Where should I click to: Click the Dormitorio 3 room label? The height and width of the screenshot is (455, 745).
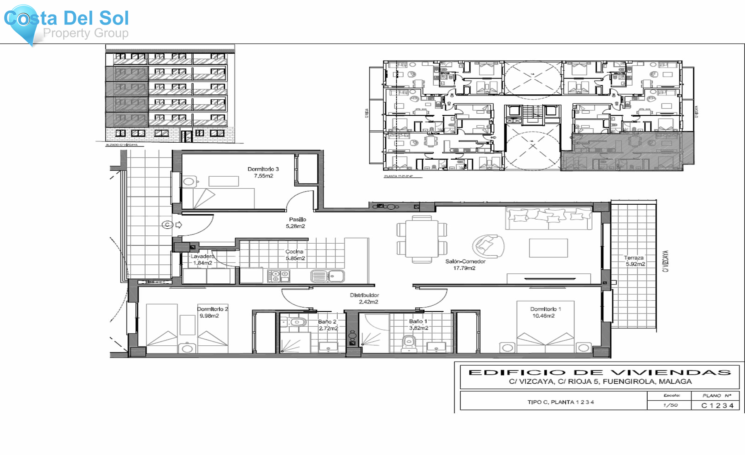coord(263,169)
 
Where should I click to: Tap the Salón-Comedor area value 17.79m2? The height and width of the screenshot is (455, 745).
coord(464,268)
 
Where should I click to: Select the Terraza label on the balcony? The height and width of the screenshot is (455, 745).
coord(634,258)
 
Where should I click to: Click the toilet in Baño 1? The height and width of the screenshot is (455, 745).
coord(409,343)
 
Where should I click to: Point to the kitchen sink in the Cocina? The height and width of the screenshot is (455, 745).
coord(327,276)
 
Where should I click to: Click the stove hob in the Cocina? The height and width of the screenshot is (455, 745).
coord(279,276)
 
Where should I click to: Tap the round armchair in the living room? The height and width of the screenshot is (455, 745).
coord(489,246)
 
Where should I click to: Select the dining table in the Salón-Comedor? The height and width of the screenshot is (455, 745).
coord(422,239)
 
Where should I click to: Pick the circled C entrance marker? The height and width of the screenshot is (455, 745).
coord(167,225)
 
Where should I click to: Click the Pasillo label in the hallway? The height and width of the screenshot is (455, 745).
coord(297,220)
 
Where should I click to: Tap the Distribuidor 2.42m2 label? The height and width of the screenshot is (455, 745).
coord(364,299)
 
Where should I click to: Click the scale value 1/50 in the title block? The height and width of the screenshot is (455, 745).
coord(670,405)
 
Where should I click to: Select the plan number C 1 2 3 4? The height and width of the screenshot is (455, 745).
coord(717,405)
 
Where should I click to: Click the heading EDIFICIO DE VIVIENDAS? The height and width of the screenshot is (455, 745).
coord(599,372)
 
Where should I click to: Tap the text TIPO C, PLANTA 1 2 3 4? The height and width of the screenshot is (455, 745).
coord(560,402)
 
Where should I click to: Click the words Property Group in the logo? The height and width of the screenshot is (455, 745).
coord(86,33)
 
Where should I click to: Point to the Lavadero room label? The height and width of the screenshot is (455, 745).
coord(202,256)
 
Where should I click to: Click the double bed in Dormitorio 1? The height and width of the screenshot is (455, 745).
coord(545,335)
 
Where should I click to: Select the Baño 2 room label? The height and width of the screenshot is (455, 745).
coord(327,321)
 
